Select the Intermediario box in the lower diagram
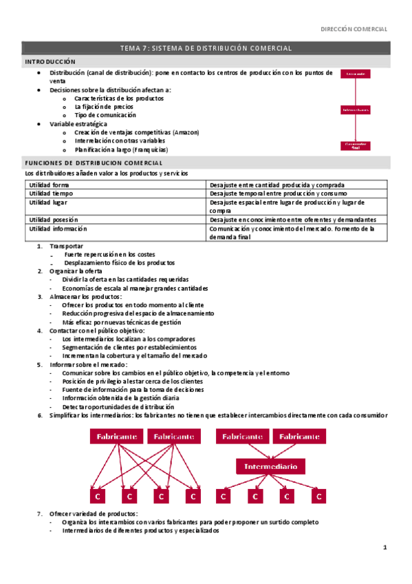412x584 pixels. [x=270, y=466]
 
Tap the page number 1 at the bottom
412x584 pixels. [x=386, y=547]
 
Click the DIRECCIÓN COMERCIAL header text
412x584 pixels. [x=355, y=29]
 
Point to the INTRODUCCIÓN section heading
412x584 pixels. [x=50, y=62]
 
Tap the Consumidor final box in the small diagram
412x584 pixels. [x=356, y=145]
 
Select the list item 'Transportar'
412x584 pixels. [x=67, y=246]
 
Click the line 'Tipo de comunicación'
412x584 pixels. [x=105, y=115]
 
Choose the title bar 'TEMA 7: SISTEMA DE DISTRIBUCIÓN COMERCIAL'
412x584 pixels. [x=206, y=48]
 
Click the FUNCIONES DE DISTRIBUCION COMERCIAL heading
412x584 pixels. [x=93, y=163]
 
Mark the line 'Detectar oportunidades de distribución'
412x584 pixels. [x=118, y=406]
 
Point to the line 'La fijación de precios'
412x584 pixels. [x=104, y=107]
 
